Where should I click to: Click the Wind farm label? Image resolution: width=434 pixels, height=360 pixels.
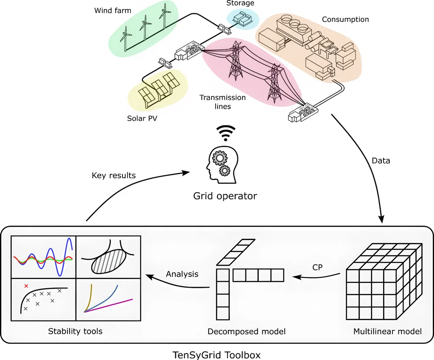coord(113,10)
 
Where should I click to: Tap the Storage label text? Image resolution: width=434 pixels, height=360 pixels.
coord(240,3)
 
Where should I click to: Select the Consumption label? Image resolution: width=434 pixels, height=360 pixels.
coord(345,20)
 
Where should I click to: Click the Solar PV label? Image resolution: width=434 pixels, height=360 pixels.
coord(142,118)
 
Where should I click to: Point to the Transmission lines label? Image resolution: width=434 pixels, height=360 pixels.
coord(223,102)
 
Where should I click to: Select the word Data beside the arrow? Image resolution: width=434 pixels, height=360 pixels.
coord(380,161)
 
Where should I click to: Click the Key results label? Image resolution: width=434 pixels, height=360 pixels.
coord(114,175)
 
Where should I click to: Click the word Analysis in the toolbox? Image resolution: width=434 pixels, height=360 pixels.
coord(182,274)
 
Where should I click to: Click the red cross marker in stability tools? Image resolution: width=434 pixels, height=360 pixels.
coord(26,286)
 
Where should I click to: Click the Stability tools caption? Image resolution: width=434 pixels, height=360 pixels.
coord(75,331)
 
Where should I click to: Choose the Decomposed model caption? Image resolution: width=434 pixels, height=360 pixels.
coord(246,331)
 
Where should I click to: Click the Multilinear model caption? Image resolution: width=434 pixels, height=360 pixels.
coord(387,331)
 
